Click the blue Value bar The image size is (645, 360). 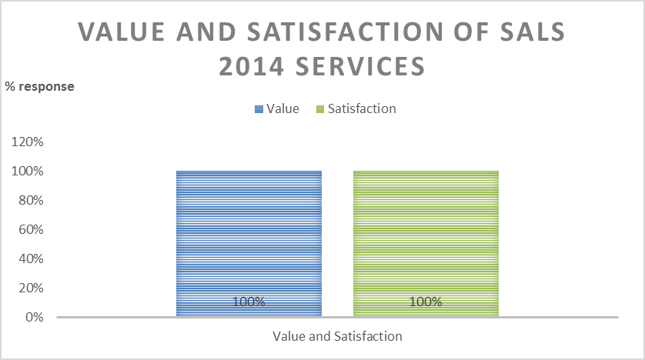pos(249,231)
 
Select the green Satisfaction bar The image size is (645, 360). pos(426,231)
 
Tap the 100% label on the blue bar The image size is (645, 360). pos(249,302)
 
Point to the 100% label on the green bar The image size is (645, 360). pos(426,302)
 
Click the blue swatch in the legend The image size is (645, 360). pos(259,109)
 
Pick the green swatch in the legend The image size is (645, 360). pos(320,109)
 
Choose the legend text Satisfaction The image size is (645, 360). pos(362,108)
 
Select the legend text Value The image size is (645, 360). pos(282,108)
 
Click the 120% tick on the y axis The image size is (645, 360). pos(29,142)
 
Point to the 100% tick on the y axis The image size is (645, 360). pos(29,172)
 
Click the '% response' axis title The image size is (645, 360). pos(40,86)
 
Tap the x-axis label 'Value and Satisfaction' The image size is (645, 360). pos(337,336)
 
